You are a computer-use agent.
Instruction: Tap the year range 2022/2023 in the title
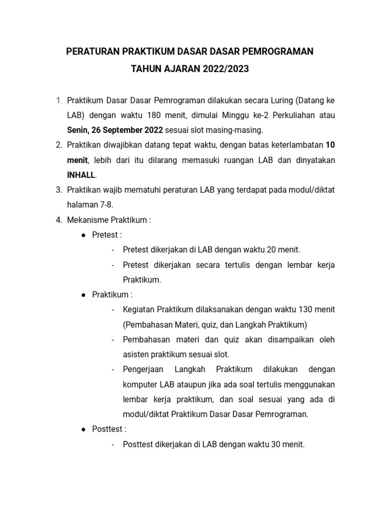(226, 70)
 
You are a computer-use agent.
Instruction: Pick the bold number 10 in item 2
(330, 145)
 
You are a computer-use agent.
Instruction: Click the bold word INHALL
(82, 175)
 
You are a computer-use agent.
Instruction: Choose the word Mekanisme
(85, 220)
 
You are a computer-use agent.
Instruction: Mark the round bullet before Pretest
(84, 235)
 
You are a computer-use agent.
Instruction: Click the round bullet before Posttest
(84, 429)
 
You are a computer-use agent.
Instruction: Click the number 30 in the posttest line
(277, 444)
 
